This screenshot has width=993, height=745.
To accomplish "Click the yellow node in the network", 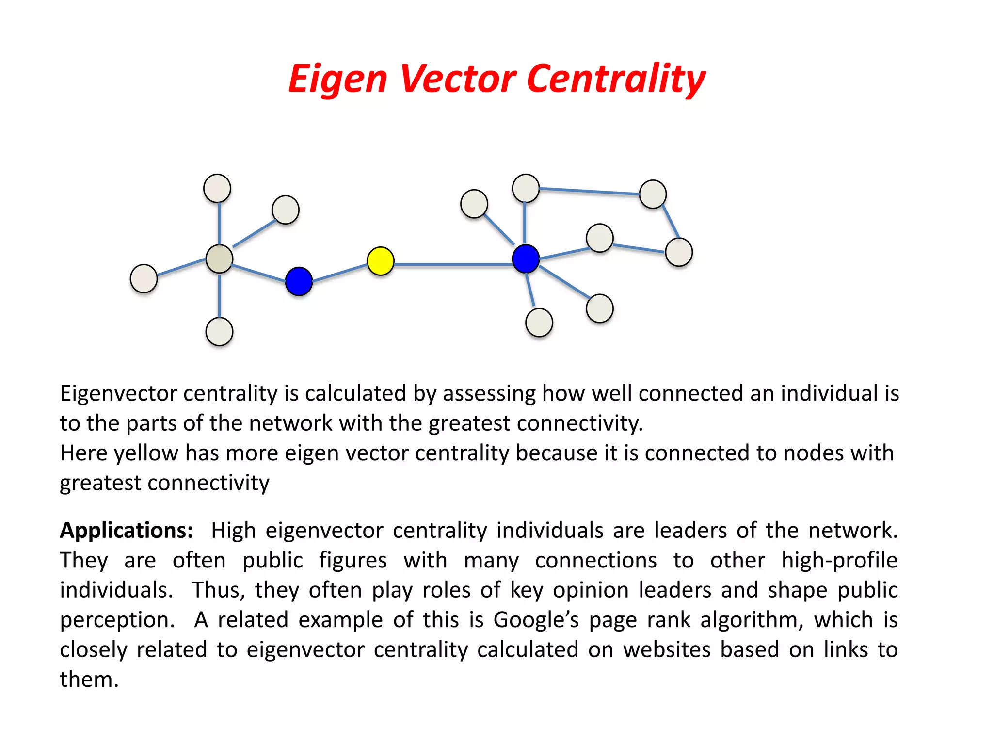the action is pos(381,261).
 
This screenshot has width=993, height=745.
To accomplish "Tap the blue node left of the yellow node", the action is pos(299,281).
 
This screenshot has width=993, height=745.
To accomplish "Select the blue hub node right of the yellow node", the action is pos(526,259).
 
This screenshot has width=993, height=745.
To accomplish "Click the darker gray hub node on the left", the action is pos(219,259).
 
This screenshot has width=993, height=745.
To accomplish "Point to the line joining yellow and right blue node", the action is pos(453,264).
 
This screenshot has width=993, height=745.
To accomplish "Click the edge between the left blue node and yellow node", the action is pos(339,273).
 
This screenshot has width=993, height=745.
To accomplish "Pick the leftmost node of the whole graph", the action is pos(144,278).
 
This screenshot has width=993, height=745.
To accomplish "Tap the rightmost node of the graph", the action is pos(679,252).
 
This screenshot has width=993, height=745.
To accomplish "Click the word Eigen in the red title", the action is pos(337,79).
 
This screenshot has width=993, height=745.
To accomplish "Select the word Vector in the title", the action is pos(458,79).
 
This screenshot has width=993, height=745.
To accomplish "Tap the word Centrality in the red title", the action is pos(616,79).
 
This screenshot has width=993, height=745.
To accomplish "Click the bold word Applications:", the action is pos(126,530).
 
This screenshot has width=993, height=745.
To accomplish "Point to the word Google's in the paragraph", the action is pos(536,620).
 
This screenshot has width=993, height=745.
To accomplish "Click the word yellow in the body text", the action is pos(146,453).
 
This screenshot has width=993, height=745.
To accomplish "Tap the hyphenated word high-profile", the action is pos(839,560).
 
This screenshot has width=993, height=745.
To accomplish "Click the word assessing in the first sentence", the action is pos(489,393).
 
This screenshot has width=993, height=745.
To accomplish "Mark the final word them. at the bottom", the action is pos(89,680).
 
